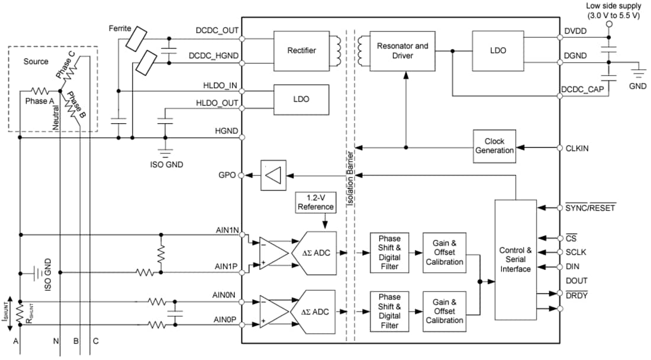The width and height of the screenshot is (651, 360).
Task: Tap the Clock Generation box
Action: pos(494,146)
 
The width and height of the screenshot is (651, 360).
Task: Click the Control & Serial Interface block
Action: pos(515,259)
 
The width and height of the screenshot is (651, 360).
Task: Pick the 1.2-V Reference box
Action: pos(315,202)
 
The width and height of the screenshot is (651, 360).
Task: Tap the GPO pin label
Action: pos(227,175)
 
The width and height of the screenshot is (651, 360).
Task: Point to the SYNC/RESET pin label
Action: pos(590,208)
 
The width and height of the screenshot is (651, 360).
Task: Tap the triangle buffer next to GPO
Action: pos(273,175)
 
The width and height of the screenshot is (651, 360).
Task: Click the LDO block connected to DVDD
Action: pos(498,50)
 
